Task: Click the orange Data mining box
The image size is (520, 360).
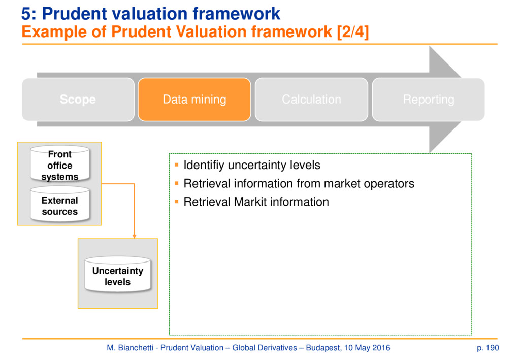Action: pos(194,100)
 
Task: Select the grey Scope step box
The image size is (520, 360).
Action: pos(78,100)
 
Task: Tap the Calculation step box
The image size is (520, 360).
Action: pos(311,100)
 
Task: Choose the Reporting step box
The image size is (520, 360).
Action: pos(429,100)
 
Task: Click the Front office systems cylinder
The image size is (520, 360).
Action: pos(60,165)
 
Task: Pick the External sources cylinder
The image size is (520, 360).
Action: pos(60,204)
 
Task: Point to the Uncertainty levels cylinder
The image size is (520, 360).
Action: pos(118,275)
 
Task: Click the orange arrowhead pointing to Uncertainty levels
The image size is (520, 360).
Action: pos(134,236)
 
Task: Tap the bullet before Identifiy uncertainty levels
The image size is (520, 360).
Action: pos(176,165)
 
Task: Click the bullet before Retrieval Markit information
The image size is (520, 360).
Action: pos(176,201)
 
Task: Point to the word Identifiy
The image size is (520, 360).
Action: pos(204,165)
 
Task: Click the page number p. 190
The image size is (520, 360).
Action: pos(488,348)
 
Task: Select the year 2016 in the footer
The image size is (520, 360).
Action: pos(381,348)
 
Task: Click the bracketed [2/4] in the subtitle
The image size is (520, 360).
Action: pos(353,32)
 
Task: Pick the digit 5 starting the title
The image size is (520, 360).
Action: pos(26,14)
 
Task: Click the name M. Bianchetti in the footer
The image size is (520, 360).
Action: pos(130,348)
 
